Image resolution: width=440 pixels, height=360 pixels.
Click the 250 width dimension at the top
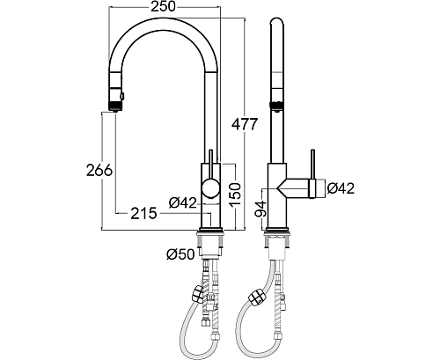coord(163,6)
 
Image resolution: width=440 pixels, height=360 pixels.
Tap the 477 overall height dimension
coord(245,125)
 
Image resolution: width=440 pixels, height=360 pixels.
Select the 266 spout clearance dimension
coord(99,170)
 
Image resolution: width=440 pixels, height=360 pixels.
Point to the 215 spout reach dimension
coord(143,213)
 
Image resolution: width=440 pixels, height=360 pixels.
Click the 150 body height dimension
coord(235,195)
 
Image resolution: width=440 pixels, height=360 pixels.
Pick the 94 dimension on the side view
coord(260,209)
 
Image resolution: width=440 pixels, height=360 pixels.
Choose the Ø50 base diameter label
coord(180,254)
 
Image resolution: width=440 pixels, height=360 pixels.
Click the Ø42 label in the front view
coord(183,202)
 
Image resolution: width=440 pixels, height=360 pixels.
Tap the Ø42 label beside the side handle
coord(341,188)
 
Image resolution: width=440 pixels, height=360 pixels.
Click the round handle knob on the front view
coord(210,188)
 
